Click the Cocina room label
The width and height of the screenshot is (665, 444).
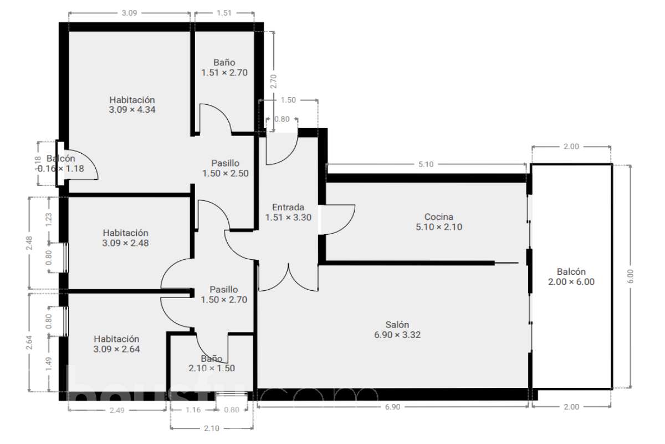click(439, 221)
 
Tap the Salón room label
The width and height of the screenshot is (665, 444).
click(397, 330)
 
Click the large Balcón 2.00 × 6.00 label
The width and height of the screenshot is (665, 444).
click(571, 276)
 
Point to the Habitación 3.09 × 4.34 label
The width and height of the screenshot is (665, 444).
click(132, 104)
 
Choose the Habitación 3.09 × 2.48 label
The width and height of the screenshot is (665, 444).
click(126, 238)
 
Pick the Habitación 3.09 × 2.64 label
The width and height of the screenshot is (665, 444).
click(116, 344)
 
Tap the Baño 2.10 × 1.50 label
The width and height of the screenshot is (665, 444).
click(212, 364)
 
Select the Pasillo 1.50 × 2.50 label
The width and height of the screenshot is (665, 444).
click(225, 168)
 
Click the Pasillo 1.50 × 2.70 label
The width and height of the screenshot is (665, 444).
click(224, 294)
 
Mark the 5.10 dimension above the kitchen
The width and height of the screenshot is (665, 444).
click(426, 164)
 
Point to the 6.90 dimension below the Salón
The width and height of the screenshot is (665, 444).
click(392, 407)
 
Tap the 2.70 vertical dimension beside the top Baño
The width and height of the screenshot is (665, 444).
click(273, 82)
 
